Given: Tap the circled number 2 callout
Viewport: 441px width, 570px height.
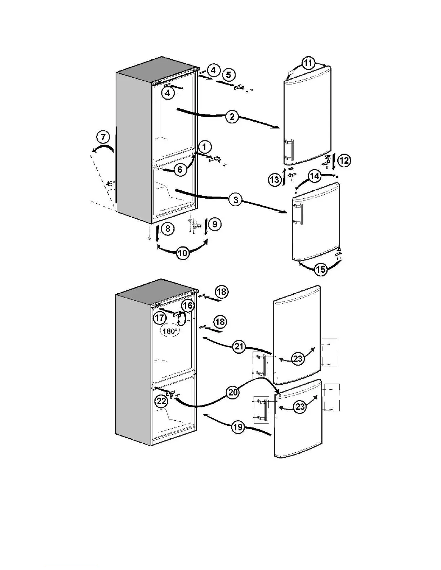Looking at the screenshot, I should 232,117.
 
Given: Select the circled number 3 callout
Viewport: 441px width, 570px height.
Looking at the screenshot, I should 236,200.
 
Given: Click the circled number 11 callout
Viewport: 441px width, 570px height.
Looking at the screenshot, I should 308,64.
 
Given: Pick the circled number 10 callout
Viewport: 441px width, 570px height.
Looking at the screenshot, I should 183,253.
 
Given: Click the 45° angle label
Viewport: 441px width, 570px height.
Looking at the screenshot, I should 111,184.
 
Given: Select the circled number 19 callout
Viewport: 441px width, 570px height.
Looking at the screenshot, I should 238,428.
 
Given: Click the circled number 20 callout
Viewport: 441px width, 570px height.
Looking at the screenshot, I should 233,392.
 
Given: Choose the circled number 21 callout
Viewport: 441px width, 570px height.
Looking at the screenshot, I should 238,347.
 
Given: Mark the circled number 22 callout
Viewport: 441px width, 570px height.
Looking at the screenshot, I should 161,401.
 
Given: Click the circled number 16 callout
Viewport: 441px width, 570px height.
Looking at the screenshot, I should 187,306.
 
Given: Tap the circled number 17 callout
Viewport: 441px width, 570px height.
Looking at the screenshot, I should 159,318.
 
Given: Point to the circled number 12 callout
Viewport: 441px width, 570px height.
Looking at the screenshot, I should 344,160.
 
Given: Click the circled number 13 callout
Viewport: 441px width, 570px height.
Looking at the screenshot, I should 275,179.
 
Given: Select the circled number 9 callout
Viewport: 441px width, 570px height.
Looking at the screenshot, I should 215,225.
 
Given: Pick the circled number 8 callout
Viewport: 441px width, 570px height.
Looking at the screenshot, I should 168,228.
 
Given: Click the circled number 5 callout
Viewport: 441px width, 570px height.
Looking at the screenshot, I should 228,75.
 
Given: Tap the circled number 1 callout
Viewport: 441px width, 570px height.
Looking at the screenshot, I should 204,147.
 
